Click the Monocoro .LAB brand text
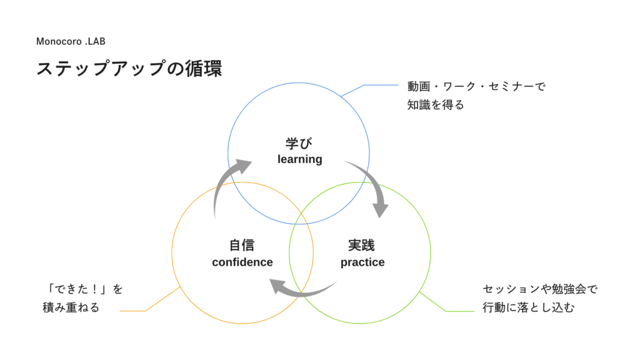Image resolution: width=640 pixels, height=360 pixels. pyautogui.click(x=71, y=41)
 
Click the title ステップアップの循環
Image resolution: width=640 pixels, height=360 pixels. pyautogui.click(x=129, y=68)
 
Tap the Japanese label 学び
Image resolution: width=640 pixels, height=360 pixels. pyautogui.click(x=299, y=143)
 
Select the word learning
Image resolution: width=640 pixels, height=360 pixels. pyautogui.click(x=300, y=159)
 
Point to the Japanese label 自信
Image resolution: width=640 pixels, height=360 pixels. pyautogui.click(x=242, y=245)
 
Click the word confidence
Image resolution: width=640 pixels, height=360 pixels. pyautogui.click(x=242, y=262)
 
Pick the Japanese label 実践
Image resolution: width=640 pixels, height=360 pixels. pyautogui.click(x=362, y=245)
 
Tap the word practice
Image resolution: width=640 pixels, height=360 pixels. pyautogui.click(x=362, y=262)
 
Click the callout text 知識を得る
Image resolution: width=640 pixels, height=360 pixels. pyautogui.click(x=436, y=105)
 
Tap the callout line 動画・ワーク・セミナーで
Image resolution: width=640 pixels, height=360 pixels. pyautogui.click(x=476, y=86)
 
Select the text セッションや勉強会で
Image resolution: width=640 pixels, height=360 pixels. pyautogui.click(x=540, y=289)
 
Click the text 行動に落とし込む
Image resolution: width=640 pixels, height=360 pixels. pyautogui.click(x=529, y=307)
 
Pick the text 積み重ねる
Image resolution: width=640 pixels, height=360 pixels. pyautogui.click(x=71, y=307)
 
